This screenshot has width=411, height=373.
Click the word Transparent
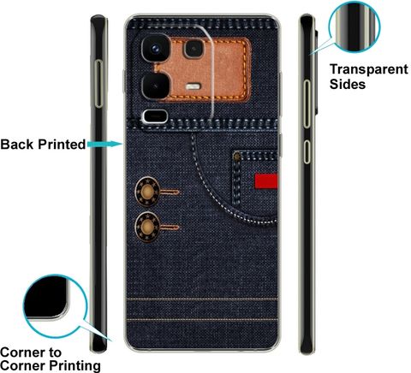point(369,69)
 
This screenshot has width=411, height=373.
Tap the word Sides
point(348,84)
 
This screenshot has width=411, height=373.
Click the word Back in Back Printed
point(17,145)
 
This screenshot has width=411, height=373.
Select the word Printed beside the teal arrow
point(62,145)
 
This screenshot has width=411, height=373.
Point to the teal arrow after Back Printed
point(104,145)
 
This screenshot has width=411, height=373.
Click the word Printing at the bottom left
point(74,365)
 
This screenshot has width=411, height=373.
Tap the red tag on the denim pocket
point(266,181)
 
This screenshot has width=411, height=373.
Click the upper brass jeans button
point(147,192)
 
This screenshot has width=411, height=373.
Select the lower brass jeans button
point(147,227)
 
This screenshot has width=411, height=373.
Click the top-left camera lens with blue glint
point(156,49)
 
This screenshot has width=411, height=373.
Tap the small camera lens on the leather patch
point(194,49)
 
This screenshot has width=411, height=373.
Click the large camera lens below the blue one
point(156,86)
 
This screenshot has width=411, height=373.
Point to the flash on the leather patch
point(194,86)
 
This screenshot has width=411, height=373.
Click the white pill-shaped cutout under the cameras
point(155,116)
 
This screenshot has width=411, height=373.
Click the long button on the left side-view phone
point(98,84)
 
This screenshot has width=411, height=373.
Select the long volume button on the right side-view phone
point(307,104)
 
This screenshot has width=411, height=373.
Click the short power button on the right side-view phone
point(307,151)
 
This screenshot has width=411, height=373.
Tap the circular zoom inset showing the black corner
point(55,305)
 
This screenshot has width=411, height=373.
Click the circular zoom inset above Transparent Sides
point(354,27)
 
